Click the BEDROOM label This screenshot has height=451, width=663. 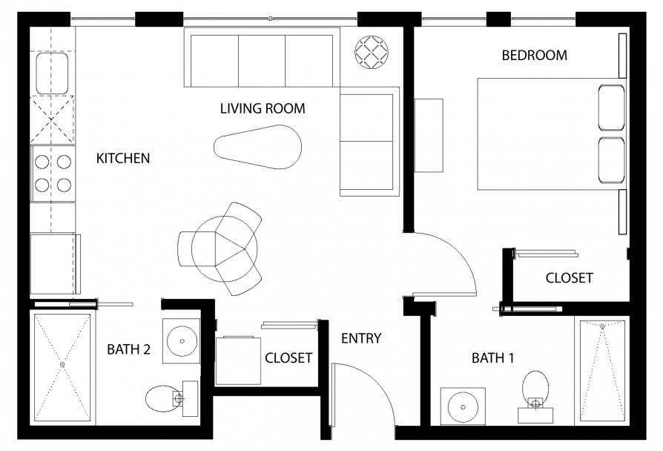(x=535, y=56)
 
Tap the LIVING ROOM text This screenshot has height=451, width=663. (x=263, y=109)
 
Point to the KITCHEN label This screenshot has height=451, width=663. (x=123, y=158)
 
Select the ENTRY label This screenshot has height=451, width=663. (x=361, y=338)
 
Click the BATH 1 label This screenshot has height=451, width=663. (x=492, y=358)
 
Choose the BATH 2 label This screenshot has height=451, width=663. (x=128, y=349)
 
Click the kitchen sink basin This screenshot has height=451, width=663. (x=52, y=73)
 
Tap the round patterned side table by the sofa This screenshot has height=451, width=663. (x=372, y=53)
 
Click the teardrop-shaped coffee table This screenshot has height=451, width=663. (x=257, y=147)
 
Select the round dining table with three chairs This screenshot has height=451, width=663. (x=225, y=248)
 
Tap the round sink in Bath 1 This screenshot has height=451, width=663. (x=463, y=407)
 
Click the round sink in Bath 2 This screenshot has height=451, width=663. (x=182, y=340)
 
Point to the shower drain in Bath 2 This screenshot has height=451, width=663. (x=62, y=364)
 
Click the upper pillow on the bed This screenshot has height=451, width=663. (x=611, y=108)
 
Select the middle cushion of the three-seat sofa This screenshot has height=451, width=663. (x=262, y=61)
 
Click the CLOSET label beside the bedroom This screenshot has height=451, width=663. (x=569, y=278)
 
